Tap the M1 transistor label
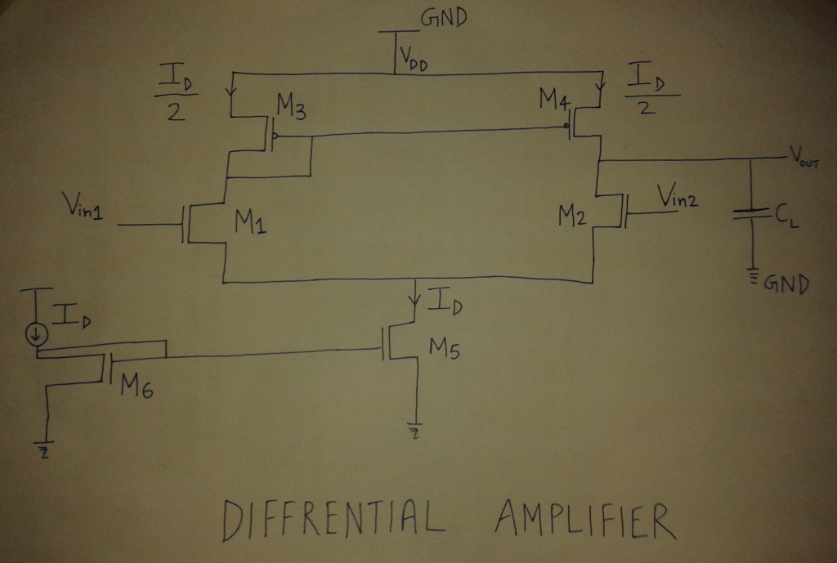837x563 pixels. click(251, 222)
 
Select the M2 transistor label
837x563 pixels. click(573, 217)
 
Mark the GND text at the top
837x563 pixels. click(443, 18)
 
